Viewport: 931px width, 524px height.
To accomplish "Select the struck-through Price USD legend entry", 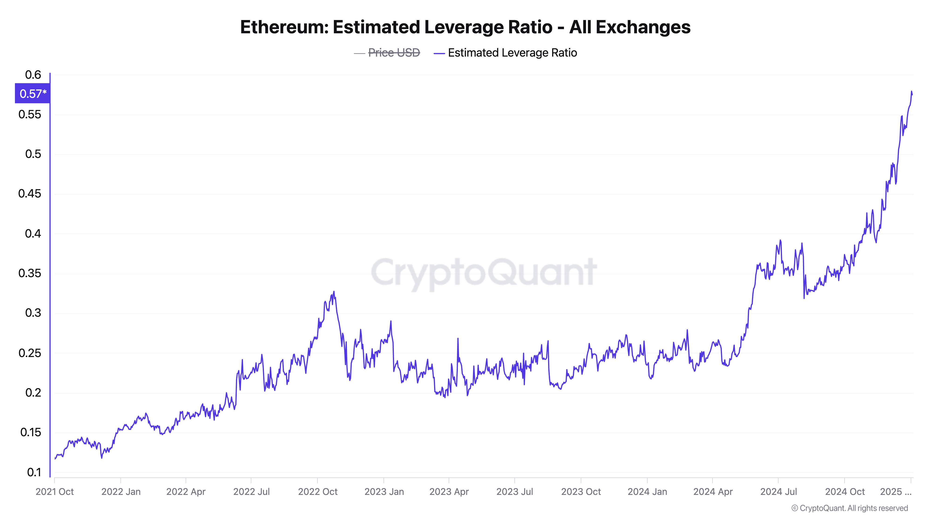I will click(x=394, y=53).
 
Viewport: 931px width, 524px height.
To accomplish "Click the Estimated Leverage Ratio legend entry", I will click(x=512, y=53).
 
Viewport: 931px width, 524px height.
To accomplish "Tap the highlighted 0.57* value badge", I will click(x=33, y=94).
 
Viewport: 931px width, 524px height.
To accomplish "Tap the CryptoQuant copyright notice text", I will click(x=849, y=508).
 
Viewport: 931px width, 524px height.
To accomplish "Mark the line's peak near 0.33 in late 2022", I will click(x=334, y=292).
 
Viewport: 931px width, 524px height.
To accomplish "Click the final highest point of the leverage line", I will click(x=911, y=92).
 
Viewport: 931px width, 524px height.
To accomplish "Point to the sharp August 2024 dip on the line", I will click(x=804, y=298).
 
